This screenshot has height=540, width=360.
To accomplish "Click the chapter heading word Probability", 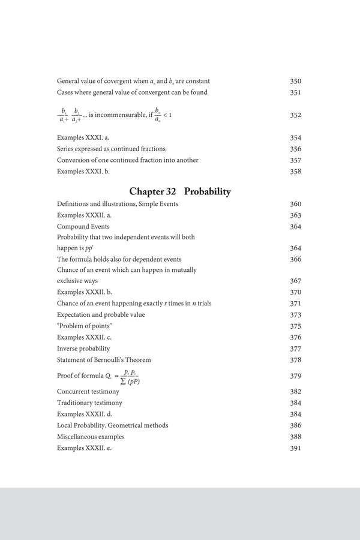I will [208, 192].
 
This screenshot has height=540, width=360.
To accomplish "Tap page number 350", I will [295, 81].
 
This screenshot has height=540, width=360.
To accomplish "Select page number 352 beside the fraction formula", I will [295, 115].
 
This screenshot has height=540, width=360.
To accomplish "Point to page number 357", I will [295, 160].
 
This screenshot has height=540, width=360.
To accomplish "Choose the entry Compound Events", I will [83, 227].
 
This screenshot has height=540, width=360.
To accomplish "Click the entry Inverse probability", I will [83, 348].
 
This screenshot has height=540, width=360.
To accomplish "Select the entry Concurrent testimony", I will [89, 391].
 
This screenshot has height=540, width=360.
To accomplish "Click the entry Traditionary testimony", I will [89, 403].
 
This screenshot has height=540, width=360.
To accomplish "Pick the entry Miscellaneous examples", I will [91, 436].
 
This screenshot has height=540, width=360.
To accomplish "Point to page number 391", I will [295, 448].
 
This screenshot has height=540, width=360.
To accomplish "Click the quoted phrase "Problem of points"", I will [85, 326].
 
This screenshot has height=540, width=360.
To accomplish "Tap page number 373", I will [295, 314].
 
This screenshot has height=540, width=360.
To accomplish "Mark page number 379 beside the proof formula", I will [295, 376].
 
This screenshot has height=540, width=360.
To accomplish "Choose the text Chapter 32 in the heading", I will [153, 192].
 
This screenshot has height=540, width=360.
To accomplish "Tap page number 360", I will [295, 204].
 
